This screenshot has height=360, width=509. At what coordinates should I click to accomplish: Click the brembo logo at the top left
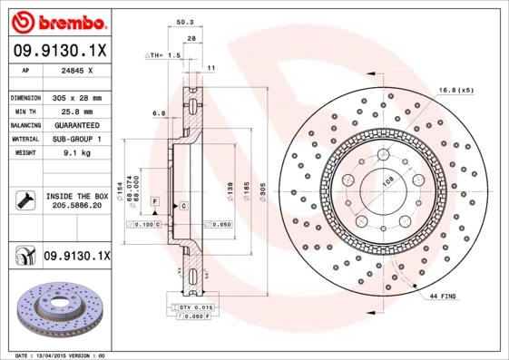click(x=58, y=20)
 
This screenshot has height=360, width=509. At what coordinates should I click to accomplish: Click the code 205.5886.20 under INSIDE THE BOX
click(x=77, y=206)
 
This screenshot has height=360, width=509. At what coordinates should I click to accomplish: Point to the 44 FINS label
click(x=443, y=296)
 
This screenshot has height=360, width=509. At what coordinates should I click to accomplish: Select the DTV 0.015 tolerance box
click(x=194, y=308)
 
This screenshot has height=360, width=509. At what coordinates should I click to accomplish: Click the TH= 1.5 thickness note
click(x=166, y=55)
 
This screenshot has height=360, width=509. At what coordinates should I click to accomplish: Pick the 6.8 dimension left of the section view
click(x=159, y=113)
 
